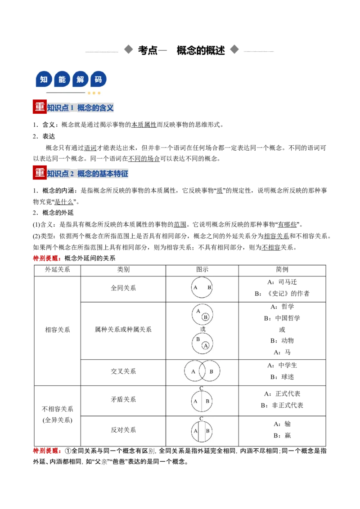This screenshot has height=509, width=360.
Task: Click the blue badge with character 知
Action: point(44,79)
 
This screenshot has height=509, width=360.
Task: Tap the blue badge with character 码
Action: point(98,79)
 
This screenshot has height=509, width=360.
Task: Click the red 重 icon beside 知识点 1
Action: point(40,107)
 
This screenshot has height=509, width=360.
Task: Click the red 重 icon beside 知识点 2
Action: point(40,173)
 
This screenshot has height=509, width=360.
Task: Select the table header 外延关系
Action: point(58,269)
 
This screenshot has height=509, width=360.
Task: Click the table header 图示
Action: point(202,269)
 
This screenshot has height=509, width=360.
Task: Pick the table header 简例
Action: point(282,269)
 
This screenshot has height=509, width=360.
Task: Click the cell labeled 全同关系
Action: point(123,288)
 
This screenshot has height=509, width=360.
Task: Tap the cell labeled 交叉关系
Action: point(123,371)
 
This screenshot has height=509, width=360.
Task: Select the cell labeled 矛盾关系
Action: point(123,399)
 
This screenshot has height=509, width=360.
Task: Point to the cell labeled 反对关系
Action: point(123,430)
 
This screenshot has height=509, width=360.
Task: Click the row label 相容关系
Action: point(58,330)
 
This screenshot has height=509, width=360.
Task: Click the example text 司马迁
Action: point(288,282)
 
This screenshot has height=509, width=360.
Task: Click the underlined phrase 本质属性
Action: point(144,125)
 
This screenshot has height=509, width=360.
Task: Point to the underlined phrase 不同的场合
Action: point(144,158)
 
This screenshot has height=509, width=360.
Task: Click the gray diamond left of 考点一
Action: point(129,49)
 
